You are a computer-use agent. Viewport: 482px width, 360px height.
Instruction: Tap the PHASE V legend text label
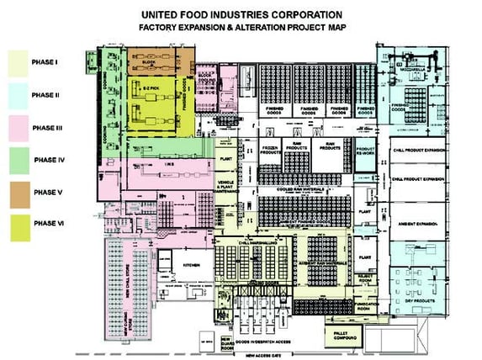coord(50,193)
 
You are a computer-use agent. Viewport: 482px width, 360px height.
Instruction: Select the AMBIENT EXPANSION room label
coord(418,225)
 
